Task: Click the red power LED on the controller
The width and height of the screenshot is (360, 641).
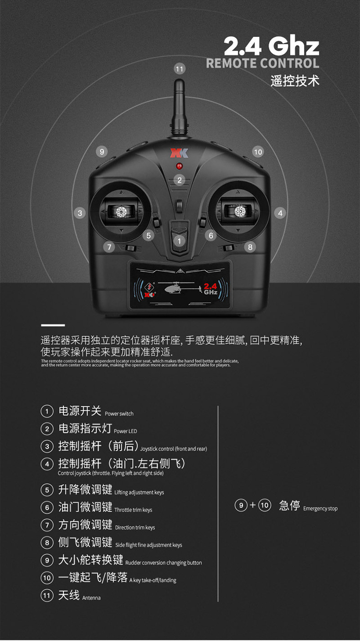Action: pyautogui.click(x=179, y=166)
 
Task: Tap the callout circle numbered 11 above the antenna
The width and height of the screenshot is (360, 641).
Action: pyautogui.click(x=180, y=69)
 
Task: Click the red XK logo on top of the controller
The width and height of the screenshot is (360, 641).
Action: pyautogui.click(x=179, y=153)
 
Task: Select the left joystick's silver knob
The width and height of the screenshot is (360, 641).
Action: pyautogui.click(x=121, y=212)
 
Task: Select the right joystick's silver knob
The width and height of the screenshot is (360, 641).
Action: pyautogui.click(x=240, y=212)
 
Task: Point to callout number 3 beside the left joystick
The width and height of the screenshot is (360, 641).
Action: pyautogui.click(x=80, y=213)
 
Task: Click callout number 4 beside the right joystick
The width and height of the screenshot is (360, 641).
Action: pyautogui.click(x=280, y=213)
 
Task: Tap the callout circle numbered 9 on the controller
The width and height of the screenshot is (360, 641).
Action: pyautogui.click(x=102, y=151)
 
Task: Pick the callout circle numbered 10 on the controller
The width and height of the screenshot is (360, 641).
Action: pyautogui.click(x=258, y=152)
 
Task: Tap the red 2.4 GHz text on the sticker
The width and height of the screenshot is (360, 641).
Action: pyautogui.click(x=211, y=289)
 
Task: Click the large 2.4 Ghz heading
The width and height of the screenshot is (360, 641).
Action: pyautogui.click(x=271, y=46)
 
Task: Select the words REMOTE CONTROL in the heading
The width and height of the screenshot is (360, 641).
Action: pyautogui.click(x=262, y=63)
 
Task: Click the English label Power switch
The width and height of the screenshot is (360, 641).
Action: pyautogui.click(x=119, y=414)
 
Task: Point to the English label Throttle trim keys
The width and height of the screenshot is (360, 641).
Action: pyautogui.click(x=133, y=510)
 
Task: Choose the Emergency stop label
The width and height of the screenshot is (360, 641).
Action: pyautogui.click(x=320, y=508)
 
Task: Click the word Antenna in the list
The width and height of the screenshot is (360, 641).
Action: pyautogui.click(x=92, y=598)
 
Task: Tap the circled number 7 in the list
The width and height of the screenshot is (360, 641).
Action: pyautogui.click(x=47, y=525)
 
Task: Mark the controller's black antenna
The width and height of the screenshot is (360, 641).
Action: pyautogui.click(x=179, y=108)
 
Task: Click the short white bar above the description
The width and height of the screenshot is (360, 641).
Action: pyautogui.click(x=53, y=326)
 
